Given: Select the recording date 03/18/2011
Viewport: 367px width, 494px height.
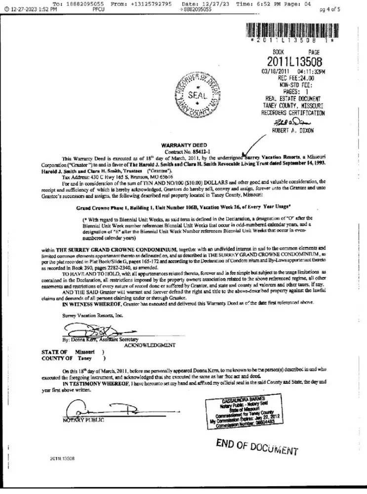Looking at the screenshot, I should (x=275, y=71).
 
